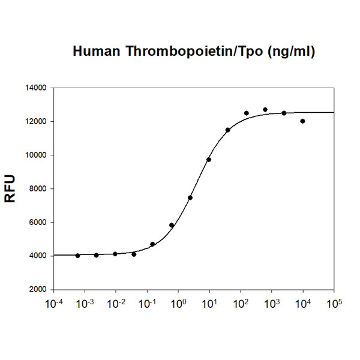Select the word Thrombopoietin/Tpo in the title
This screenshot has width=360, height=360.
tap(191, 52)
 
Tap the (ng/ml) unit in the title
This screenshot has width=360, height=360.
tap(286, 52)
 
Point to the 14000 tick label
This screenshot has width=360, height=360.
tap(35, 88)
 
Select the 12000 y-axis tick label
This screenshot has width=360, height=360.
tap(35, 121)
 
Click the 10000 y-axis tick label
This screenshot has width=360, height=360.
tap(35, 155)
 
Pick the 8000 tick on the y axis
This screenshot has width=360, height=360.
tap(37, 188)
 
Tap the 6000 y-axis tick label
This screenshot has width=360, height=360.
tap(37, 222)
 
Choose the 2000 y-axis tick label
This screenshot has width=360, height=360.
tap(37, 289)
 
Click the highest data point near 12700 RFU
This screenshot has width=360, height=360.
tap(265, 110)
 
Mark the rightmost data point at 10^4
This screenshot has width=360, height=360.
tap(302, 121)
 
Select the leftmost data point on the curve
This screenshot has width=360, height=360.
tap(78, 256)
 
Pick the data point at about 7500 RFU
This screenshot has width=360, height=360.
tap(190, 197)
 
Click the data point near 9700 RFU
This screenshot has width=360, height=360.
tap(209, 160)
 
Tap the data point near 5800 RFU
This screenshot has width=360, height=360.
tap(172, 225)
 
